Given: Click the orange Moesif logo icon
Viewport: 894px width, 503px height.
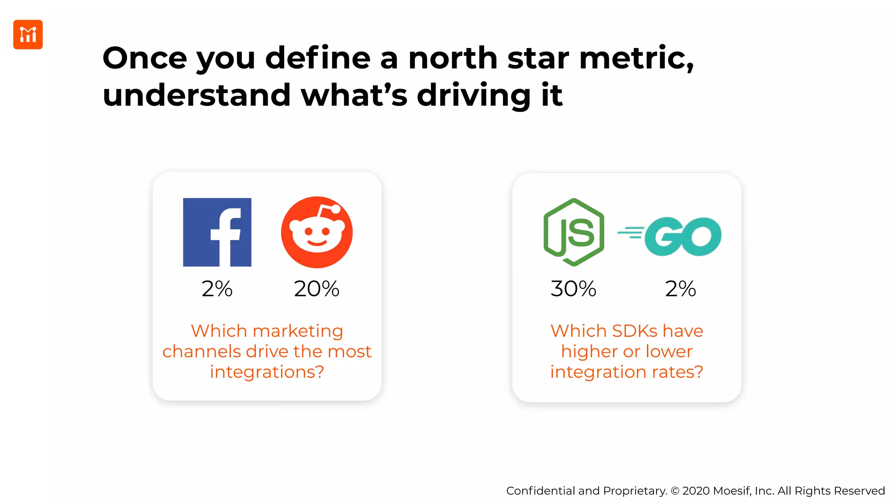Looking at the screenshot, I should pyautogui.click(x=28, y=34).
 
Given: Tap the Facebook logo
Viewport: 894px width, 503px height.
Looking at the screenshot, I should pyautogui.click(x=217, y=232).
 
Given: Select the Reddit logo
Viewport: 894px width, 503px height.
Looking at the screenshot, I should pyautogui.click(x=316, y=232).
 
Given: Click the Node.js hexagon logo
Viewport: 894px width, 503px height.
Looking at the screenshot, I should pyautogui.click(x=574, y=232).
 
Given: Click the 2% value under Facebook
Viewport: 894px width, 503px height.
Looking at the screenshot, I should pyautogui.click(x=217, y=289).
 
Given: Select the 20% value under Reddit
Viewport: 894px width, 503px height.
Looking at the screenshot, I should pyautogui.click(x=316, y=289).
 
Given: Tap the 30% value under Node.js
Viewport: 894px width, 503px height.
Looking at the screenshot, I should pyautogui.click(x=574, y=289).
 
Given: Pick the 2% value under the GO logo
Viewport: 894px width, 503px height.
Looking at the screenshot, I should pyautogui.click(x=680, y=289).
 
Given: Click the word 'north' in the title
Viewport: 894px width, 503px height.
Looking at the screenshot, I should pyautogui.click(x=453, y=58).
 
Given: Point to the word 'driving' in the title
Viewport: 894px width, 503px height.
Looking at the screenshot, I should pyautogui.click(x=474, y=96).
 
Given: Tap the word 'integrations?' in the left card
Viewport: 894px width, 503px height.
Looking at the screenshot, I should pyautogui.click(x=267, y=372).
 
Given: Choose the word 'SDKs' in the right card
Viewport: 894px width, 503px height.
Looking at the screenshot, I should pyautogui.click(x=634, y=331).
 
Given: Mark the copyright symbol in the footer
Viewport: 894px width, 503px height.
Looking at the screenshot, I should pyautogui.click(x=675, y=491).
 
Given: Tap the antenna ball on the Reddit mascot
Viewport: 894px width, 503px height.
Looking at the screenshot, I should pyautogui.click(x=336, y=209).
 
